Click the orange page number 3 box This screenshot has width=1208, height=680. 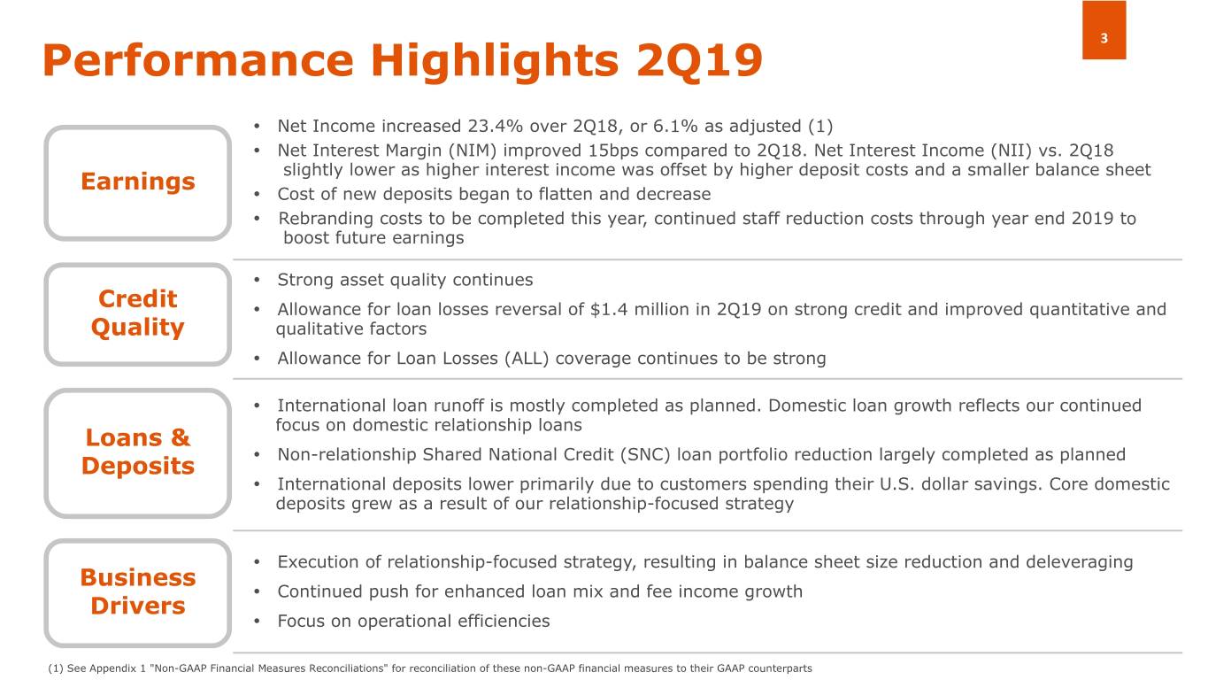[x=1104, y=30]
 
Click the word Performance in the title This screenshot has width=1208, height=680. [x=198, y=60]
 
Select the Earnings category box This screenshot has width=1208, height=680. [x=137, y=183]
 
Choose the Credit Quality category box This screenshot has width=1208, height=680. [x=137, y=314]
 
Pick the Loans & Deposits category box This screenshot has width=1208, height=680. [x=137, y=452]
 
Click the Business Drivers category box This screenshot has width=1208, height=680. [x=137, y=592]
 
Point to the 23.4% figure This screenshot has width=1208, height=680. [x=495, y=127]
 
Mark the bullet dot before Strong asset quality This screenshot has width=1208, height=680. [x=257, y=280]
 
